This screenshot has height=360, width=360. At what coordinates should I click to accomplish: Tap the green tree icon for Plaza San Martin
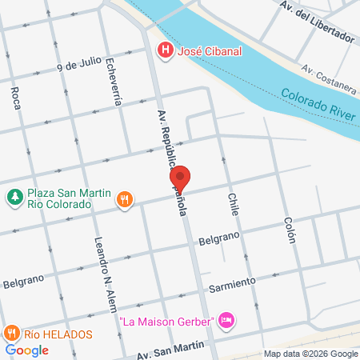point(14,196)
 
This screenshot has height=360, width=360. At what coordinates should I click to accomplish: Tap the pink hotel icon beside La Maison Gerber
point(226,321)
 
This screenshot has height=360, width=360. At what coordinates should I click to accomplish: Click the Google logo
point(26,350)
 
